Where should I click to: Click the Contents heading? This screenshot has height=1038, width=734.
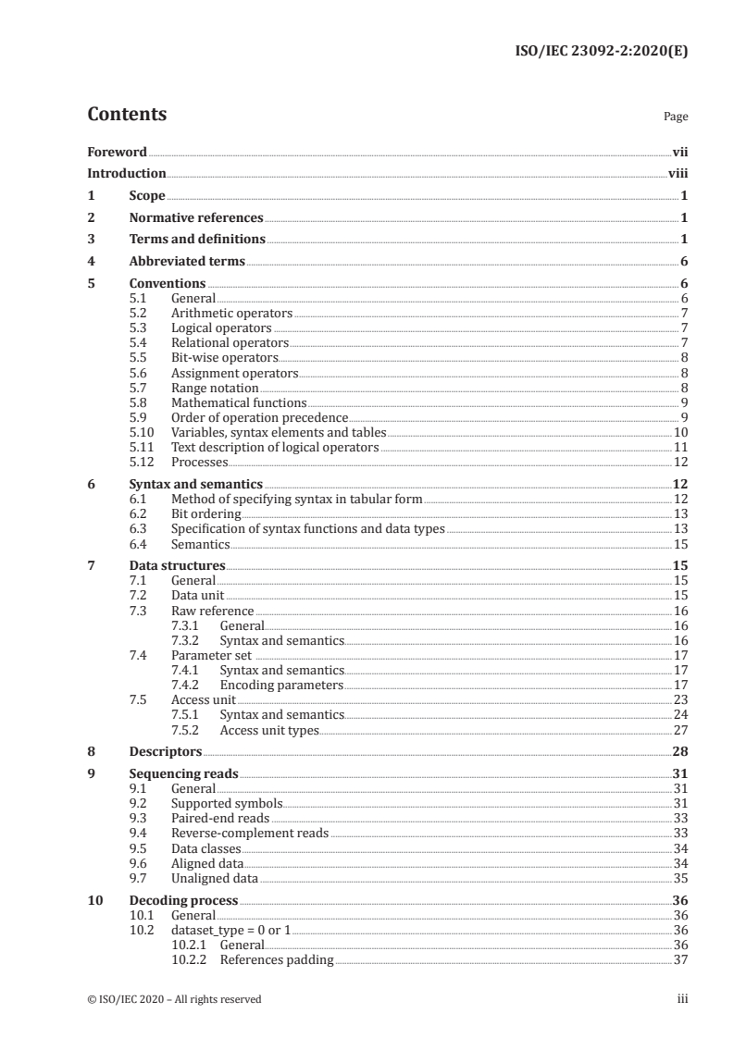127,115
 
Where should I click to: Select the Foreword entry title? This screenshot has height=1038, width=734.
117,152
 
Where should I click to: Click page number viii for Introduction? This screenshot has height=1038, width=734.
678,173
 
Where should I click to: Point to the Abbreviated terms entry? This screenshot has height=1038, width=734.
187,262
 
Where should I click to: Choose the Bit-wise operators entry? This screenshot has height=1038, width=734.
224,358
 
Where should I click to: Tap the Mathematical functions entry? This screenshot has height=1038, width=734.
239,402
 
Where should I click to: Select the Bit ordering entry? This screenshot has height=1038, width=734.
206,513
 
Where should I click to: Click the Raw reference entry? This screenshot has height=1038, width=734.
212,611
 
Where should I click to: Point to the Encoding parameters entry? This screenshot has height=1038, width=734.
281,685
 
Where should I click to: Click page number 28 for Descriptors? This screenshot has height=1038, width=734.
679,752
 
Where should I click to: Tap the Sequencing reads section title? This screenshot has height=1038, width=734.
183,774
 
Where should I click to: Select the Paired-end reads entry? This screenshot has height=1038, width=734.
220,818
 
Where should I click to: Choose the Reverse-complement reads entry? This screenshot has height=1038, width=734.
250,833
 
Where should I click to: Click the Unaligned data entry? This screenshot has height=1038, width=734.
215,878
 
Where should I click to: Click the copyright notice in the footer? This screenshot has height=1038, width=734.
174,999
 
